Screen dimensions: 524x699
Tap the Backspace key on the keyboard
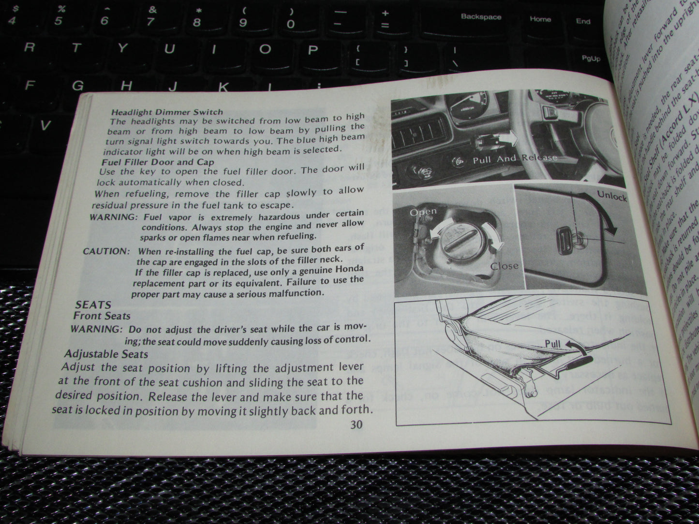[x=481, y=17]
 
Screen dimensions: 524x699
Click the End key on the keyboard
[x=583, y=21]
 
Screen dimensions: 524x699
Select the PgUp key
[x=591, y=58]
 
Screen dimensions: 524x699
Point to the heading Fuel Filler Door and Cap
[x=158, y=162]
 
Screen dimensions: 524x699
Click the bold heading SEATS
[x=93, y=305]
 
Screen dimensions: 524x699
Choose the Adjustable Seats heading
[x=106, y=354]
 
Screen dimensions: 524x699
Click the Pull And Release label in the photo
[x=515, y=159]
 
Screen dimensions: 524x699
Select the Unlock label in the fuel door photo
[x=611, y=196]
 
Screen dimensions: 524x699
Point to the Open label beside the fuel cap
[x=423, y=212]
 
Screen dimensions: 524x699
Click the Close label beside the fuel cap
[x=504, y=266]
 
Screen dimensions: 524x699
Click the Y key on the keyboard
[x=123, y=48]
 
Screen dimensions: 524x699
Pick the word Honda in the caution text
[x=349, y=269]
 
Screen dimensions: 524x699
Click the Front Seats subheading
[x=102, y=316]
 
